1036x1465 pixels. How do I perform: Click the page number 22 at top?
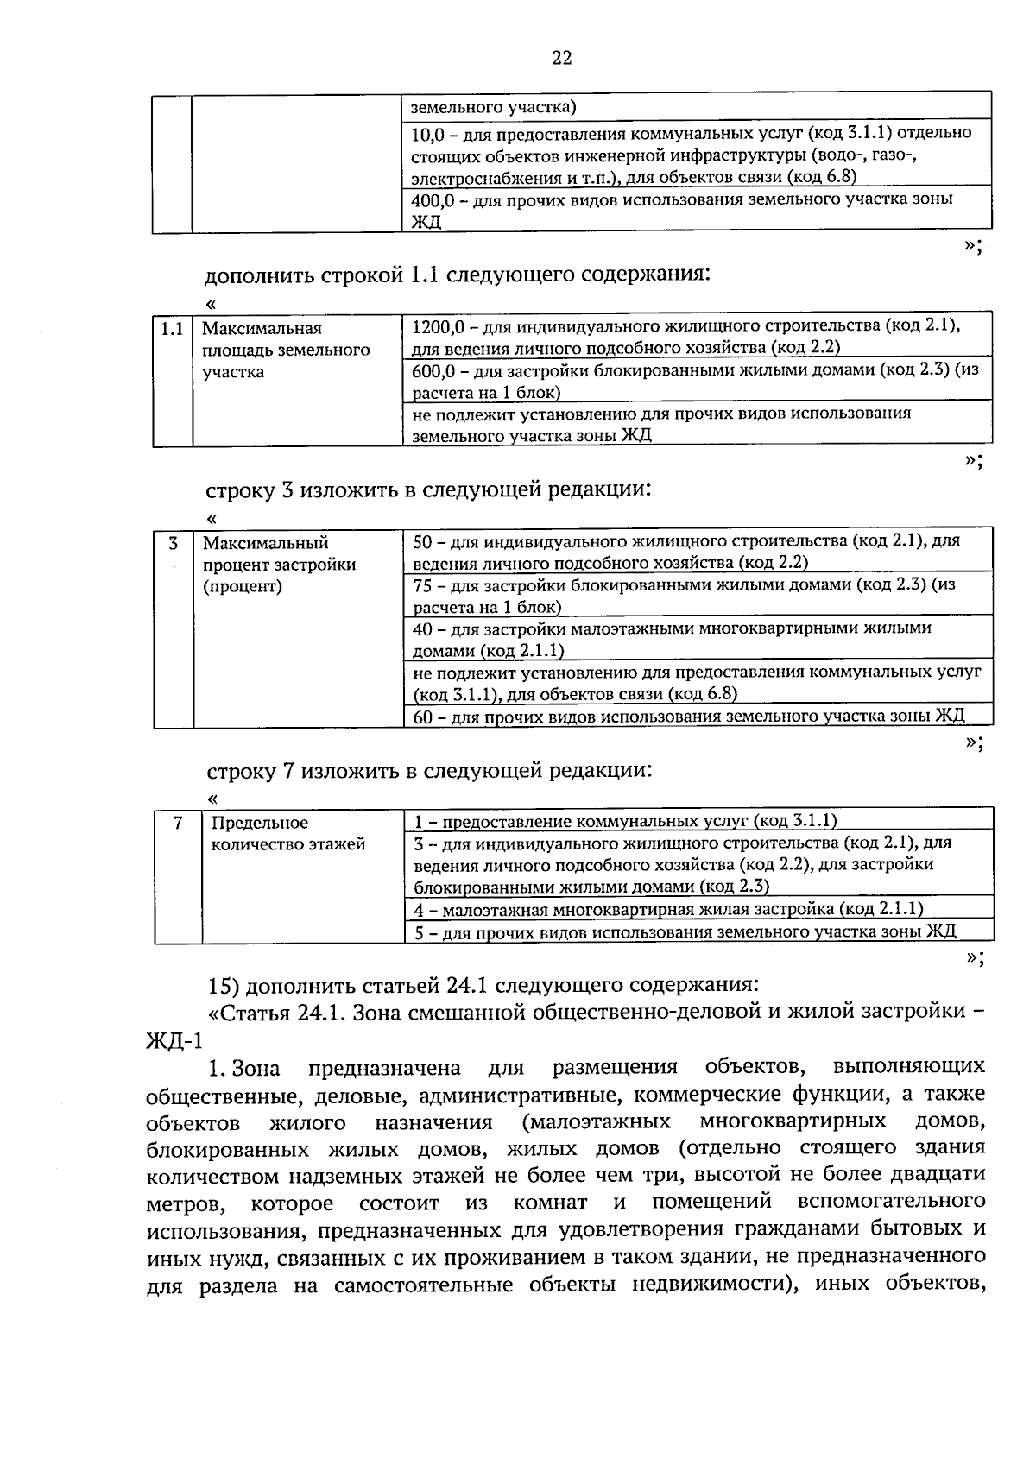561,58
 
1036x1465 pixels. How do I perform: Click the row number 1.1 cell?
172,329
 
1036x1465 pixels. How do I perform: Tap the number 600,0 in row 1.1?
434,369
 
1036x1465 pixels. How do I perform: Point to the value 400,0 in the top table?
434,199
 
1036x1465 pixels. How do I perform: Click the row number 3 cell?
174,543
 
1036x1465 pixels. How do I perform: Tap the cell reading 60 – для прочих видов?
688,717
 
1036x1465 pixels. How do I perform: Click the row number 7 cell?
177,823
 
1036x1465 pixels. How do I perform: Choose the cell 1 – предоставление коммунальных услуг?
625,821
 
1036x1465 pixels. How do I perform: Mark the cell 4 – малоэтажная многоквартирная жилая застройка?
668,908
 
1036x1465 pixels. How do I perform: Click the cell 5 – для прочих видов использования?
685,931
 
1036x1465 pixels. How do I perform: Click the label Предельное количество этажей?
288,833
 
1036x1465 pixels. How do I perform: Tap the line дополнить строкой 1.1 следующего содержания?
458,275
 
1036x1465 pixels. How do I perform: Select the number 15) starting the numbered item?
224,985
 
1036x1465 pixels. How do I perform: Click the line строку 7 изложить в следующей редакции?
429,769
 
